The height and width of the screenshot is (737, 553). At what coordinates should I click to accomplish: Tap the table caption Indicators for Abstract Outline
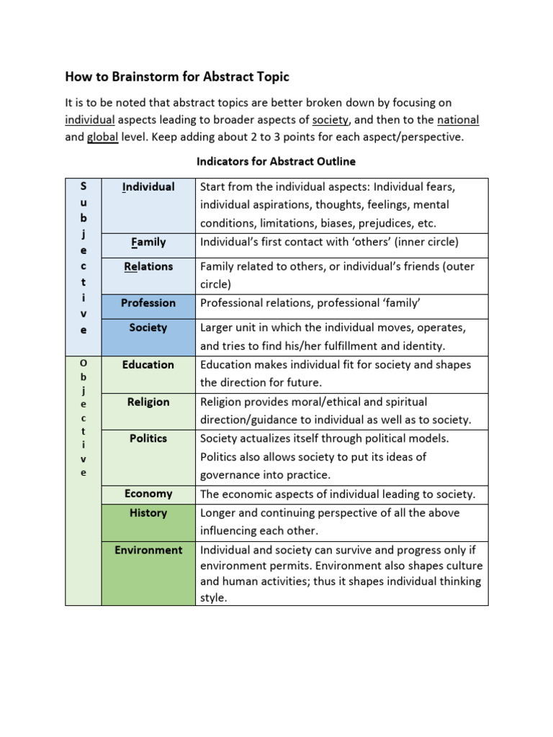[x=276, y=161]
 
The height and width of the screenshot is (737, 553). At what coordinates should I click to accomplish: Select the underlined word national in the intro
[x=458, y=119]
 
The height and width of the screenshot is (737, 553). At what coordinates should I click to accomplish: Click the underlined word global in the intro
[x=102, y=137]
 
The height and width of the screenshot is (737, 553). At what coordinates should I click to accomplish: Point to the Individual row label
[x=148, y=187]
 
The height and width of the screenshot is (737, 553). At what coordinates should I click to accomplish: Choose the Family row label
[x=148, y=242]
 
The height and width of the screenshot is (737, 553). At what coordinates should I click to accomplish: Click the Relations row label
[x=148, y=266]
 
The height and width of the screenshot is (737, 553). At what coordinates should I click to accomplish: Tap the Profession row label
[x=148, y=303]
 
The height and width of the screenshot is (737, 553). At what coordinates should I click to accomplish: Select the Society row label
[x=148, y=327]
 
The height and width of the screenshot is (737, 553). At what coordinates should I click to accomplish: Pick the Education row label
[x=148, y=365]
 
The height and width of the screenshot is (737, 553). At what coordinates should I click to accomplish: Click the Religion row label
[x=148, y=402]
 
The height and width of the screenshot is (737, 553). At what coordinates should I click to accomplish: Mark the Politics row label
[x=148, y=438]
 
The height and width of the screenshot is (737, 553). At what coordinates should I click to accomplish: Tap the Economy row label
[x=148, y=494]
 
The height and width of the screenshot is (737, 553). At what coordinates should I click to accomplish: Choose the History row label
[x=148, y=513]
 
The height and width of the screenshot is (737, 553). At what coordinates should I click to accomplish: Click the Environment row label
[x=148, y=550]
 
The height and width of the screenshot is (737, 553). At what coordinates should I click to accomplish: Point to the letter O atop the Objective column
[x=84, y=363]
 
